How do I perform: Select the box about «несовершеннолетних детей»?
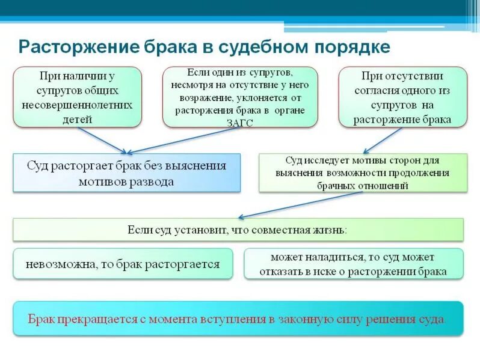77,97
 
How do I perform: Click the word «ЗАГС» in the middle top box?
239,123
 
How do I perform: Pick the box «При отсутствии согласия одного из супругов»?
402,97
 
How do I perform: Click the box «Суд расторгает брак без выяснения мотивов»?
126,172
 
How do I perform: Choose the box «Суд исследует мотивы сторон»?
363,172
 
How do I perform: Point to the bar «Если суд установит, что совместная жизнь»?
238,229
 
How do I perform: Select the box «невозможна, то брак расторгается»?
123,263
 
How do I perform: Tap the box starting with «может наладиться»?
354,263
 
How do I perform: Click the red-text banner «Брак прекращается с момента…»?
238,318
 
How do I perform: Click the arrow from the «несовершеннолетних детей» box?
102,140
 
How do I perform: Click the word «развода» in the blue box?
150,181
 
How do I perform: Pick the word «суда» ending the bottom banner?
431,318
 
